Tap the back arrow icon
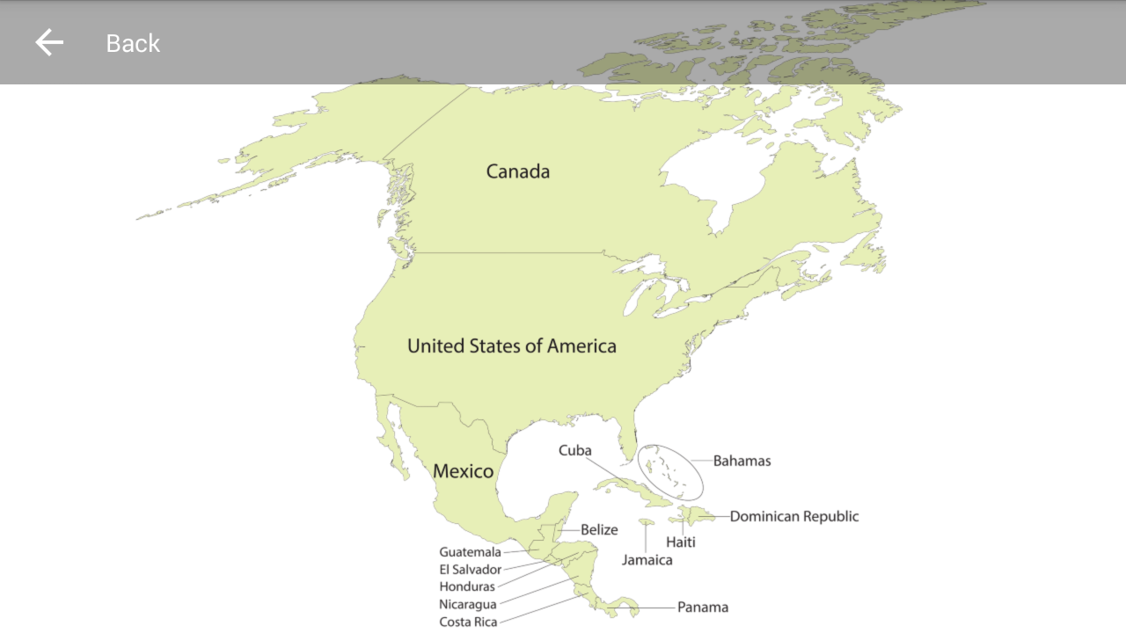tap(49, 42)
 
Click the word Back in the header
tap(133, 43)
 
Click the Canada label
tap(518, 171)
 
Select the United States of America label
tap(511, 346)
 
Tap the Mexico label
tap(463, 471)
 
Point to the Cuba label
tap(575, 450)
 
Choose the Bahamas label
tap(742, 461)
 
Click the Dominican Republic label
tap(793, 516)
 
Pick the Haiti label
tap(680, 542)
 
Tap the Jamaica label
tap(647, 560)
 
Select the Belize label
tap(599, 530)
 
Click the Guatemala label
tap(470, 552)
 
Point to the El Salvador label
tap(470, 570)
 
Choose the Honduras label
tap(467, 586)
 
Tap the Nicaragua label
tap(467, 604)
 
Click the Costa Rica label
tap(468, 622)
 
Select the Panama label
tap(702, 608)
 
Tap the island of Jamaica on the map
tap(647, 522)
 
